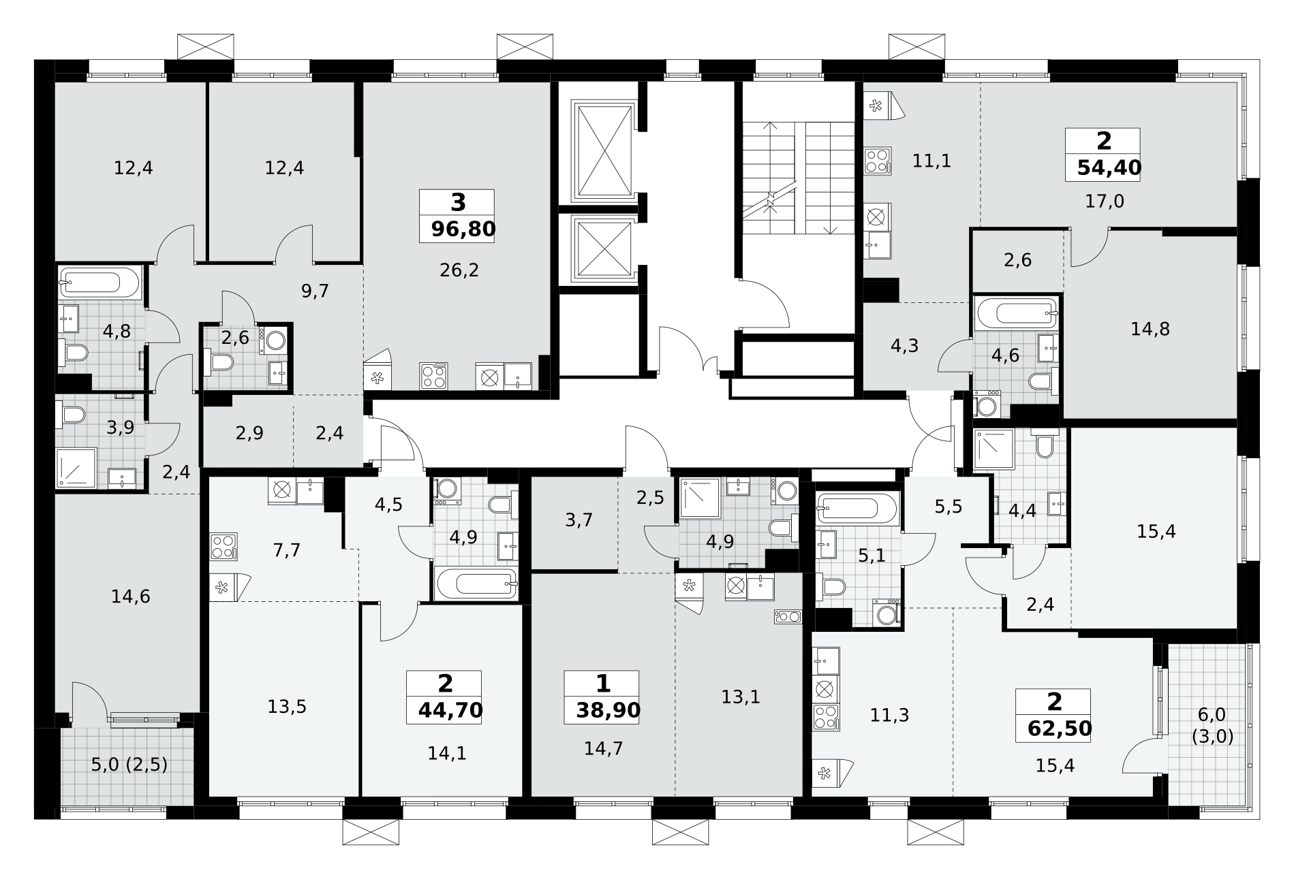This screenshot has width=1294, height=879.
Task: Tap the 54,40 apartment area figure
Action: tap(1109, 167)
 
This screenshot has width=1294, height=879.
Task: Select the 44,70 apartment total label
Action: tap(450, 711)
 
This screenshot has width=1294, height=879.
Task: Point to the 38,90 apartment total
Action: tap(608, 711)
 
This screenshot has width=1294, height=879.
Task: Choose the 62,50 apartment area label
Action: tap(1060, 729)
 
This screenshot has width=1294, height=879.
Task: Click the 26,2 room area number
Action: tap(459, 270)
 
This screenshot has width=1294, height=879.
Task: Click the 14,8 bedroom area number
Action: tap(1150, 329)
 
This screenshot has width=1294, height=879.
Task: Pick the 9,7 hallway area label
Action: tap(315, 291)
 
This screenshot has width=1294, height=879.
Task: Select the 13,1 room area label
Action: tap(741, 697)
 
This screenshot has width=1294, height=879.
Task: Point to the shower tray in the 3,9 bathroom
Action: tap(76, 468)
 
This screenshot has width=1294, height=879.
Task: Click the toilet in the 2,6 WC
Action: tap(218, 363)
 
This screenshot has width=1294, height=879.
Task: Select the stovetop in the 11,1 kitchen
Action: tap(878, 161)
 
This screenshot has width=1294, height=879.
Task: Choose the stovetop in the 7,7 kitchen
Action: tap(224, 546)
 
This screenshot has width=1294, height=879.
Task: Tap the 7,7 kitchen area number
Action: tap(286, 550)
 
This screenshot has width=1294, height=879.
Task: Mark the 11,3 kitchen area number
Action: tap(889, 715)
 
